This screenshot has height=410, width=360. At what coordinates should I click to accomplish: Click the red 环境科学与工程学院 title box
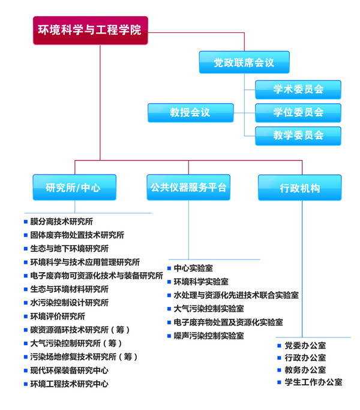click(91, 31)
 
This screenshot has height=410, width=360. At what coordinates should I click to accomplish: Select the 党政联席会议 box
click(244, 62)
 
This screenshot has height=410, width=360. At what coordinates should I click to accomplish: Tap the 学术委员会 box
click(298, 90)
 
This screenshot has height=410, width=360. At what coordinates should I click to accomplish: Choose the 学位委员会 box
click(298, 113)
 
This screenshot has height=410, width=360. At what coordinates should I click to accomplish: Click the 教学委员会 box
click(298, 135)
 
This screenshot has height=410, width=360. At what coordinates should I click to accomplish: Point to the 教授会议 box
click(190, 113)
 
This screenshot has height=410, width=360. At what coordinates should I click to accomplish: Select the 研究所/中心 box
click(74, 187)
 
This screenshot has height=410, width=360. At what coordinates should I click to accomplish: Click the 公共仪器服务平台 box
click(188, 187)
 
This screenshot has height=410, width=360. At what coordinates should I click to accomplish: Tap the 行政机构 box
click(299, 188)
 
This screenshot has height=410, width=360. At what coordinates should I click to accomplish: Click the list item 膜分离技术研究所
click(62, 221)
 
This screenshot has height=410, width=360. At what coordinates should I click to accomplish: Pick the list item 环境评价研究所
click(58, 316)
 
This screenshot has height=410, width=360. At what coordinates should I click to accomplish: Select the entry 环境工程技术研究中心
click(69, 384)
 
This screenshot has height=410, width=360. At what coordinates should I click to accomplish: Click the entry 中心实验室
click(193, 268)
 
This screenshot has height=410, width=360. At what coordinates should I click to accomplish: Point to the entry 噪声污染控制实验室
click(209, 336)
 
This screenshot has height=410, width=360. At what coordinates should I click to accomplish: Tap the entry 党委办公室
click(305, 345)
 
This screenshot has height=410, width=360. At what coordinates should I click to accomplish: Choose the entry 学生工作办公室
click(313, 382)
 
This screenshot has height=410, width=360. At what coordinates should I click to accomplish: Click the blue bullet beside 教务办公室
click(279, 370)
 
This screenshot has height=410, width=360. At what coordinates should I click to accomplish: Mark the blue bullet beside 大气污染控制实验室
click(169, 309)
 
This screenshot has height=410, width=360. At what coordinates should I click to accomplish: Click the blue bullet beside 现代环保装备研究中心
click(26, 370)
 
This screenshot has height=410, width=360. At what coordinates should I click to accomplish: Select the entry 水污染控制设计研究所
click(69, 303)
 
